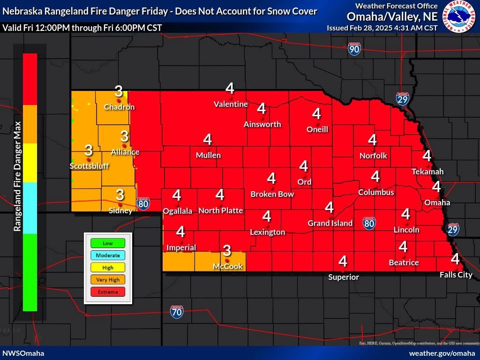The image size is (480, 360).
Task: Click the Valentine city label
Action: (230, 104)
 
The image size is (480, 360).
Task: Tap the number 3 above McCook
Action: (227, 251)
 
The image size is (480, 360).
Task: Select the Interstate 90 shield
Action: (354, 49)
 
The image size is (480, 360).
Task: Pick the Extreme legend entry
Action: (108, 292)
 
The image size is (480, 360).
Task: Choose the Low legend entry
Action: (108, 243)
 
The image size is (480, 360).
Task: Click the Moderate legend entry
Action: (108, 255)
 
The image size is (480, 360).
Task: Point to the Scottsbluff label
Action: (89, 166)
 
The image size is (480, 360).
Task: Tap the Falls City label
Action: (456, 275)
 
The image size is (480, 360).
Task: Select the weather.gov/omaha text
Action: (442, 353)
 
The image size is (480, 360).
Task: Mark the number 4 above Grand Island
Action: (329, 207)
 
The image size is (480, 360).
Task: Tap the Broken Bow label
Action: (272, 194)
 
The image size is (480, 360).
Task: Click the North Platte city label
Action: (220, 210)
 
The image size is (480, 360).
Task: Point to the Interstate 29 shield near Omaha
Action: (452, 230)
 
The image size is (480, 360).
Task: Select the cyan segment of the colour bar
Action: (30, 208)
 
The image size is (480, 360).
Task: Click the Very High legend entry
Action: (108, 280)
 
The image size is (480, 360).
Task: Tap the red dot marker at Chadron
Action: (119, 100)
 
